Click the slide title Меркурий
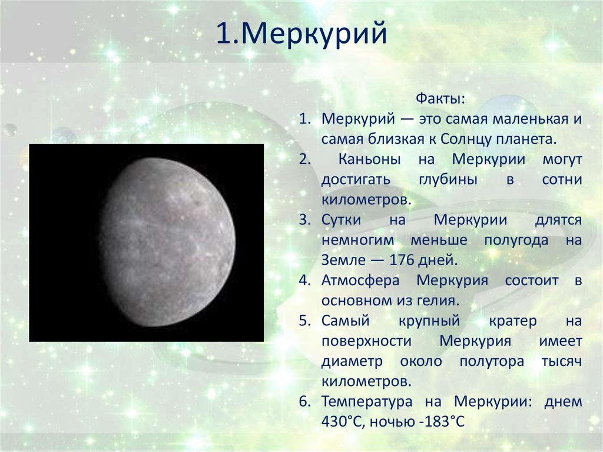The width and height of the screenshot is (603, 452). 301,34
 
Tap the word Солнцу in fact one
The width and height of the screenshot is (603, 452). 466,140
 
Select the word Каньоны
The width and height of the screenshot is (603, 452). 369,159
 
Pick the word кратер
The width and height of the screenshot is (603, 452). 513,321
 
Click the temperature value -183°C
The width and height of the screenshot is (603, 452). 442,422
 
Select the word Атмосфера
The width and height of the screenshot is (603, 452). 360,281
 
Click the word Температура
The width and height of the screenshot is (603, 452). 367,402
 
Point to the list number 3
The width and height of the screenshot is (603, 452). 304,220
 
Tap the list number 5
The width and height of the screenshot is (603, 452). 304,321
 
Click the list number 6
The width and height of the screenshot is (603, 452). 304,402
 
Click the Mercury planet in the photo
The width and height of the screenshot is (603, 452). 167,242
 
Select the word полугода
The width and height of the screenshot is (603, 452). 516,240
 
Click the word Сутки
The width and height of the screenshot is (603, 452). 342,220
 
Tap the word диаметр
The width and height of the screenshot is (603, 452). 352,361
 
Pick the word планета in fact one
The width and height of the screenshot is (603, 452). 526,140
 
